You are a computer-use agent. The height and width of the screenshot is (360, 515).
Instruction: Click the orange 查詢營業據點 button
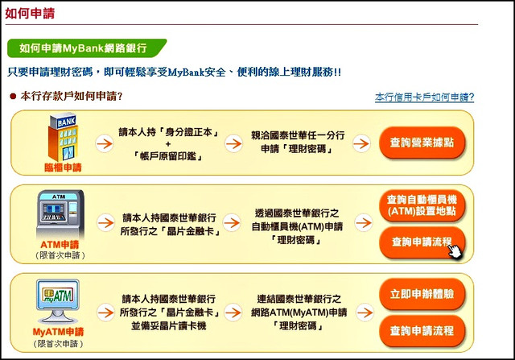422,143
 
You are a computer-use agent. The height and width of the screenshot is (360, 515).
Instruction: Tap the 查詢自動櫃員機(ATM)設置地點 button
422,205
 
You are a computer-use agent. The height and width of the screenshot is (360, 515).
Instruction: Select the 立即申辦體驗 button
422,294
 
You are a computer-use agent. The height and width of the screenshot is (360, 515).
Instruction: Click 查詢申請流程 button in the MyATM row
422,330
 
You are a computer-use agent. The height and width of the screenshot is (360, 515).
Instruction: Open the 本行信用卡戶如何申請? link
424,97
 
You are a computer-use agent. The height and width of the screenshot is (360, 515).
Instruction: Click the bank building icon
63,138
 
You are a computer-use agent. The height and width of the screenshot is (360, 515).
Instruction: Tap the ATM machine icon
60,214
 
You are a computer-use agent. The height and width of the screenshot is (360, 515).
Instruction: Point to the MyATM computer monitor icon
58,301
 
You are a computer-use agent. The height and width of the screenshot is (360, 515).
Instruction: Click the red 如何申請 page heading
30,14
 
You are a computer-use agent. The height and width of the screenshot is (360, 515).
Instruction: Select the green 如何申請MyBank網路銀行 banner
87,48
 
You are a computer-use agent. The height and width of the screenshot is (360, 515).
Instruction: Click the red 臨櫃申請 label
63,168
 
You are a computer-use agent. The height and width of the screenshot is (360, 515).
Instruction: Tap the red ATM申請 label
60,245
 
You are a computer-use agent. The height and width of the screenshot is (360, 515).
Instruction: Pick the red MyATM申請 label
58,332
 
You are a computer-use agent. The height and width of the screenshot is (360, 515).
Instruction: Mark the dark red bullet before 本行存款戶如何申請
13,97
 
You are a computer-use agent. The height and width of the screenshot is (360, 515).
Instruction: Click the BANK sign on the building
66,122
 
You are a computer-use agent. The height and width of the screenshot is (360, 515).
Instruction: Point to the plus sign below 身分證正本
168,143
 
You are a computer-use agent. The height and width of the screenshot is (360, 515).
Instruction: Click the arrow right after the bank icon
105,143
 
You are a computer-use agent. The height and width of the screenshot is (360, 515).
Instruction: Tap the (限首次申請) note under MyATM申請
58,344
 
